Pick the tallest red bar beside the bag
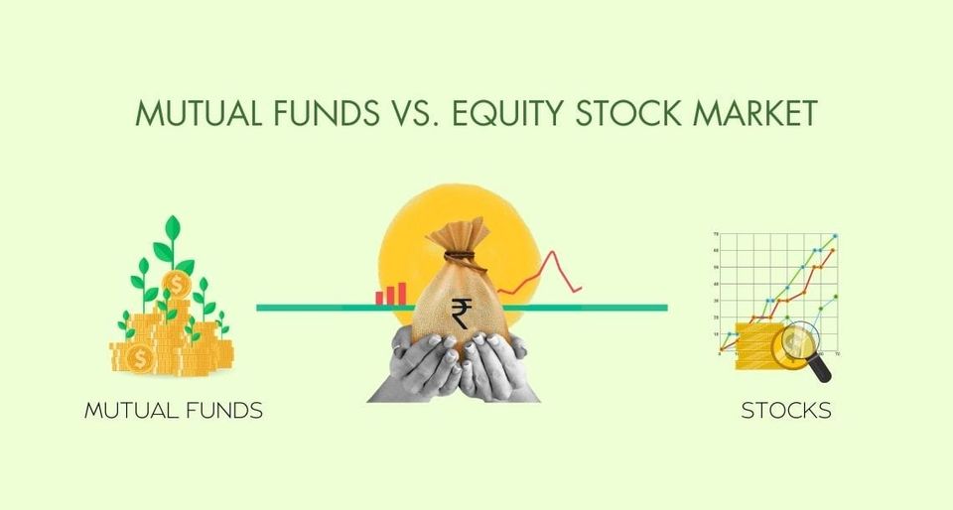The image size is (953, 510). tap(401, 292)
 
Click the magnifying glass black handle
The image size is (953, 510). tap(821, 370)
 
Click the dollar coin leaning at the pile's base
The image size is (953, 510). tap(140, 356)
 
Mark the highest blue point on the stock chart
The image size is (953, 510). tap(836, 236)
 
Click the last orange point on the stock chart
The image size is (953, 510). tap(831, 251)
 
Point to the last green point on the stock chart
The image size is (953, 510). tap(836, 297)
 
